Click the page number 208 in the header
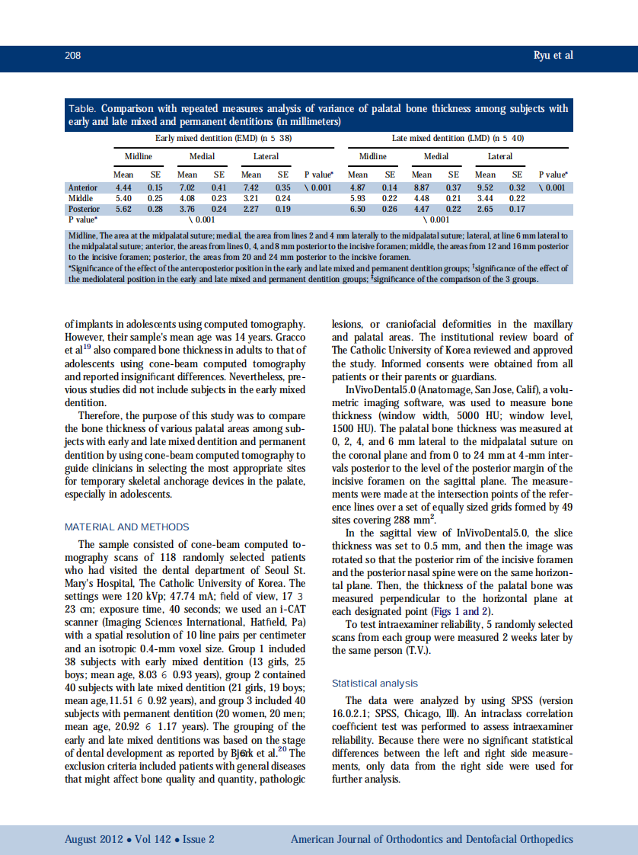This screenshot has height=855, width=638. point(72,56)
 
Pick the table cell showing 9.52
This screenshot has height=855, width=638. point(485,187)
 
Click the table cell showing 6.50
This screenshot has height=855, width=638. point(357,208)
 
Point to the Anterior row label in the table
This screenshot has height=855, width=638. point(82,187)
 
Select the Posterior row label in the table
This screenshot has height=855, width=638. point(84,208)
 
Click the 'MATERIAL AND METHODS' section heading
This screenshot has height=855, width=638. point(126,527)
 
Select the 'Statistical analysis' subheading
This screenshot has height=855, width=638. point(375,684)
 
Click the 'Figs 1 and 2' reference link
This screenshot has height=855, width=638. point(461,611)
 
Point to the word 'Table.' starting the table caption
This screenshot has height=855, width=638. point(82,109)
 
